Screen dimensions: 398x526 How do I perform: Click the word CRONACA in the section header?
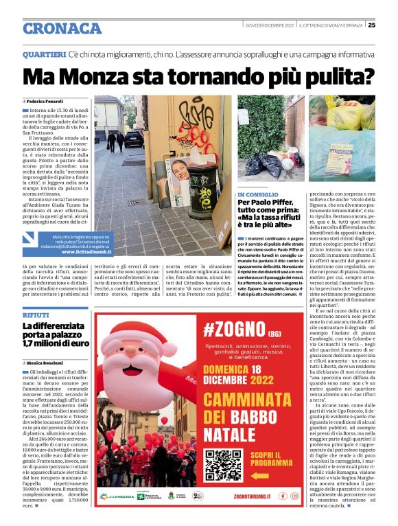click(62, 28)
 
